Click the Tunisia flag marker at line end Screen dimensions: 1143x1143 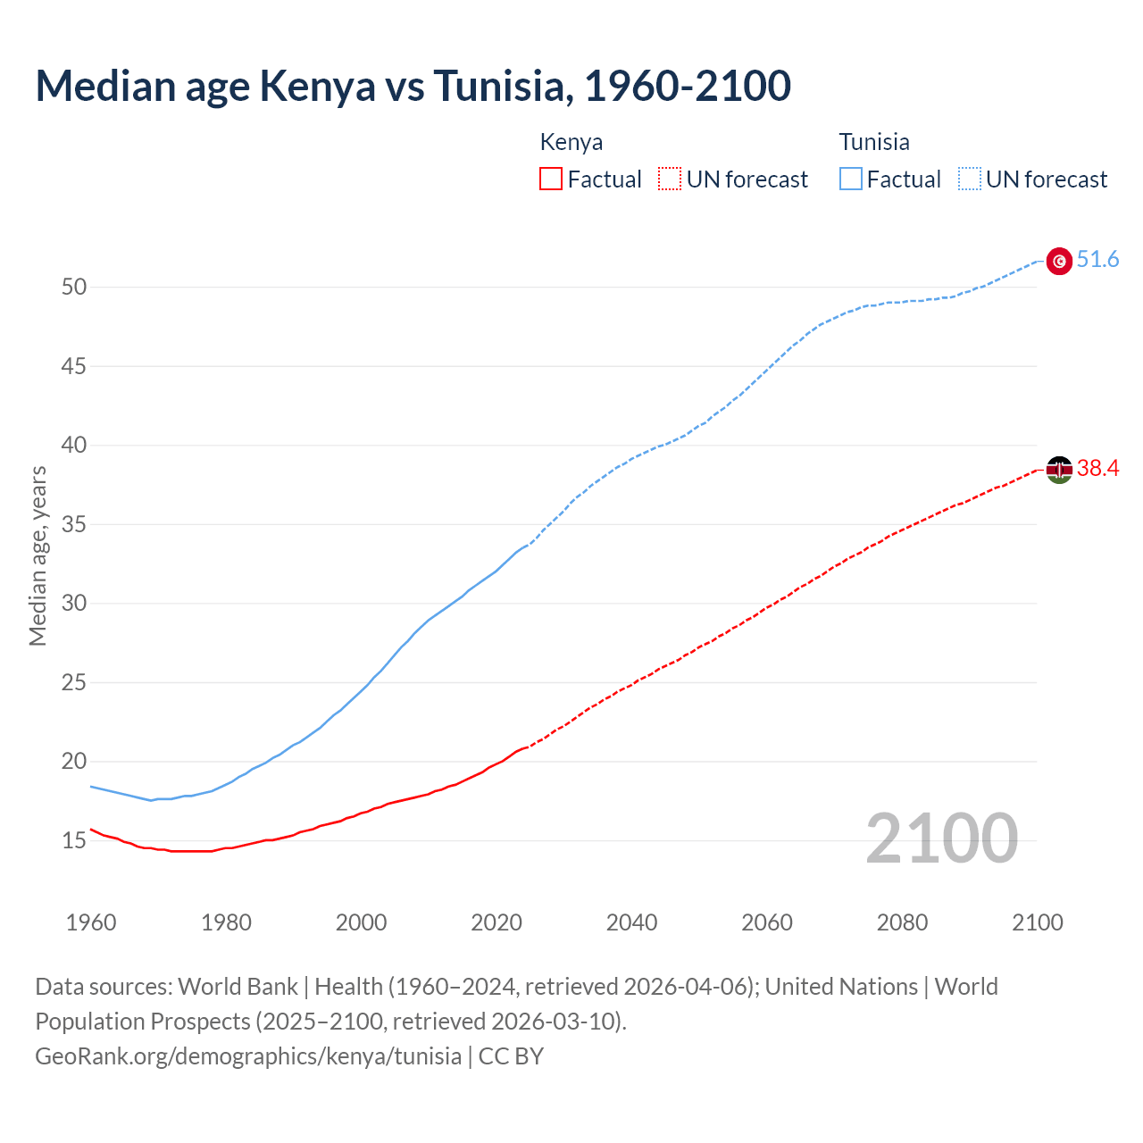click(x=1059, y=261)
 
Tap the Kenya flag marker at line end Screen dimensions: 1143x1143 click(x=1059, y=470)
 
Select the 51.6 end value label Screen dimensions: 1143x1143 click(x=1097, y=260)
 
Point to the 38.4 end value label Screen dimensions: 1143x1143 click(x=1097, y=469)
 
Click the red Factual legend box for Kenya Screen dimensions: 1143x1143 click(x=551, y=179)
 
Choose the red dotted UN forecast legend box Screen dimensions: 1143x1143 click(x=670, y=179)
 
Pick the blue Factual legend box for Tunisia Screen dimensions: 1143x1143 click(x=851, y=179)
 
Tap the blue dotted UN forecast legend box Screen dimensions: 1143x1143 click(x=969, y=179)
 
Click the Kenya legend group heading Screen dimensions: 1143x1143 click(x=571, y=142)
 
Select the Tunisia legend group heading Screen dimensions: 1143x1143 click(x=874, y=142)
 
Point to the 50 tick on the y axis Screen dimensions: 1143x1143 click(x=74, y=288)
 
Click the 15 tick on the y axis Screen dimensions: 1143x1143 click(x=74, y=841)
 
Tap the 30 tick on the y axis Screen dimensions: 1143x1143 click(x=74, y=604)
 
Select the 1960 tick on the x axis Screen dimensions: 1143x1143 click(x=91, y=922)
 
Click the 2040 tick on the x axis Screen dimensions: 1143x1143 click(x=631, y=922)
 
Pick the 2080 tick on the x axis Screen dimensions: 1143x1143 click(x=902, y=922)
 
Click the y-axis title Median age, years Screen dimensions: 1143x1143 click(x=38, y=555)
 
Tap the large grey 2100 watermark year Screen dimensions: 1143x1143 click(x=941, y=838)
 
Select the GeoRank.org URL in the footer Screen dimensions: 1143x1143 click(x=248, y=1056)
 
